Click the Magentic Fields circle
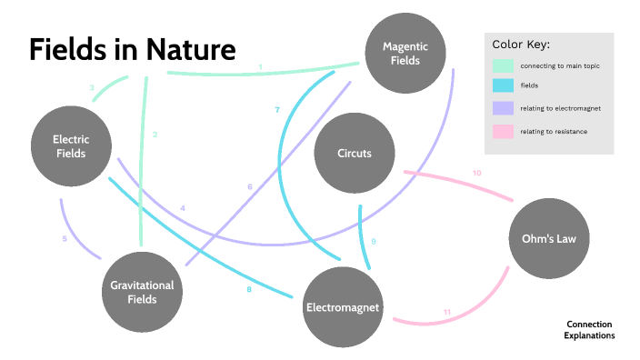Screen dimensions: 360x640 405,54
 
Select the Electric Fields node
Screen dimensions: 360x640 70,146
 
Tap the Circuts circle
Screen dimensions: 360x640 354,153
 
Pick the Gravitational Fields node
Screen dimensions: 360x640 141,291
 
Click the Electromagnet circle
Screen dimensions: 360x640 343,306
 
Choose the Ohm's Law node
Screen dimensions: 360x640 549,238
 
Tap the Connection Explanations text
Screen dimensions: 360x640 589,329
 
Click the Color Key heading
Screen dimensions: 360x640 521,45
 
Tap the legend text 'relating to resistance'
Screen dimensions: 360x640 554,132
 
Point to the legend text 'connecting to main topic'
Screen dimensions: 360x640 560,66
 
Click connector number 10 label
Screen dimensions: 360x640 476,173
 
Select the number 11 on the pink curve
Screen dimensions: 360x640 446,313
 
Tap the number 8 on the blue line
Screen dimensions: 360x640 248,290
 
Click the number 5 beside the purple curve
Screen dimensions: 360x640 65,239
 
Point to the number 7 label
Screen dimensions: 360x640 277,110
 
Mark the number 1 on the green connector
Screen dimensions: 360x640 260,67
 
